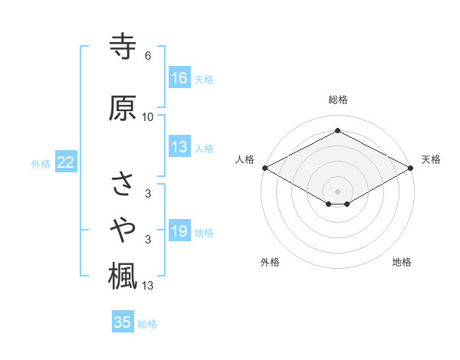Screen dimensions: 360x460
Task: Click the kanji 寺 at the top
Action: (x=123, y=46)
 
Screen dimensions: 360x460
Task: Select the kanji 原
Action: (x=123, y=108)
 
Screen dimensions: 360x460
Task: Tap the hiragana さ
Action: (x=123, y=184)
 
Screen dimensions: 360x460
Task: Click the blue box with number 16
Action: (x=179, y=78)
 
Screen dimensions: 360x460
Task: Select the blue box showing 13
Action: (x=179, y=148)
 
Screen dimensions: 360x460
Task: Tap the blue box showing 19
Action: (x=179, y=232)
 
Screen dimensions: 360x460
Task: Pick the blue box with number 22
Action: (x=66, y=162)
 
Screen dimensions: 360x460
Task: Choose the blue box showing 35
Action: (x=123, y=322)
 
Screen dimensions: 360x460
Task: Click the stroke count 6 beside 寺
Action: (x=147, y=56)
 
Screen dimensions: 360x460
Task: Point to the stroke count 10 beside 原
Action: (x=147, y=117)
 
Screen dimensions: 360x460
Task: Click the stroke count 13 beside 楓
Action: (x=148, y=286)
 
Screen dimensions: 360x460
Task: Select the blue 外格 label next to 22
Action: (x=41, y=163)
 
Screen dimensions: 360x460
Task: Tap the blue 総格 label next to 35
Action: (x=147, y=324)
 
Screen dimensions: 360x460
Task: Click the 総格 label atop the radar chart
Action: (x=337, y=100)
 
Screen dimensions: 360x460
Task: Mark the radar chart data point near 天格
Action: (x=412, y=168)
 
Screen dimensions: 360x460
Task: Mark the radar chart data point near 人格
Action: (x=264, y=168)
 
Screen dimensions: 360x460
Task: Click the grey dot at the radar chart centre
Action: (x=337, y=191)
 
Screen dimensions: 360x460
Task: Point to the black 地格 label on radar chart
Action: (x=402, y=262)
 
